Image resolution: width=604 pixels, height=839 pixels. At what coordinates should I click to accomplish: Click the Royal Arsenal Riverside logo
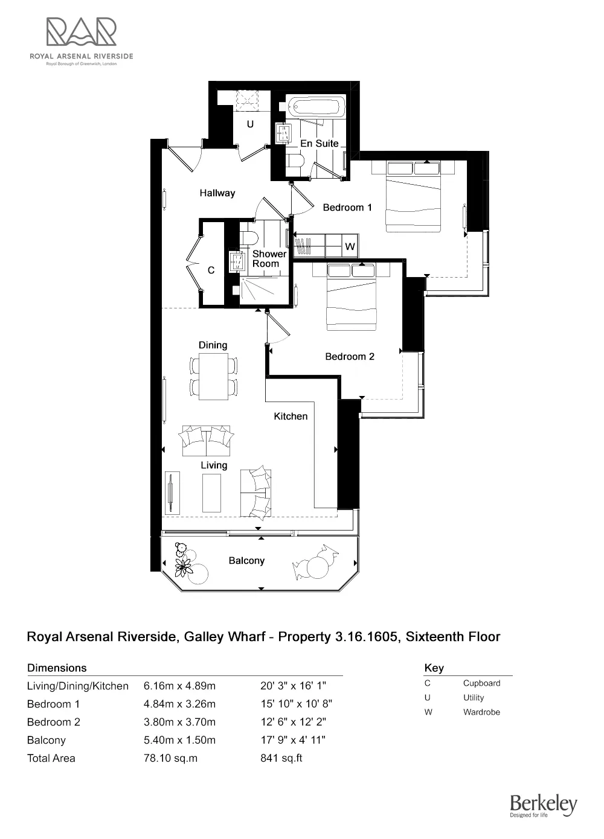click(82, 40)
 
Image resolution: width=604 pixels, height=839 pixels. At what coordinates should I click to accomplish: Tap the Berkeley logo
click(544, 805)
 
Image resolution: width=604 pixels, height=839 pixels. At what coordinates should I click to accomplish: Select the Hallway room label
click(217, 193)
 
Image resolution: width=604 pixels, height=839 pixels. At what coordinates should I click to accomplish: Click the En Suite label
click(320, 144)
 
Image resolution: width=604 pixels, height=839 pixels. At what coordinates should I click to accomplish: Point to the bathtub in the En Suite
click(315, 107)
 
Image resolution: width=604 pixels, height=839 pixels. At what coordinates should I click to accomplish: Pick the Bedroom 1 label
click(347, 208)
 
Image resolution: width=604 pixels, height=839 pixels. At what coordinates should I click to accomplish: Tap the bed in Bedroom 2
click(352, 297)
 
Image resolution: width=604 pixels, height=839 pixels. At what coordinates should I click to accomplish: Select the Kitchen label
click(291, 416)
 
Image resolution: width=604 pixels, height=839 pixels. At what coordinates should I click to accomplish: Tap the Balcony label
click(246, 561)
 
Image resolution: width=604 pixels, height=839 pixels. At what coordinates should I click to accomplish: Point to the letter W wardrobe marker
click(350, 247)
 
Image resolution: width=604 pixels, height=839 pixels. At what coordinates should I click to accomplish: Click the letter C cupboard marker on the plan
click(211, 270)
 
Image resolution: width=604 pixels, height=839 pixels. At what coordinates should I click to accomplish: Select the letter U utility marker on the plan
click(250, 124)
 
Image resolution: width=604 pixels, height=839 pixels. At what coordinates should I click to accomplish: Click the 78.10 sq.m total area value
click(170, 758)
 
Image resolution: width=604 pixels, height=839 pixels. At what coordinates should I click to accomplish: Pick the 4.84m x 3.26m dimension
click(179, 704)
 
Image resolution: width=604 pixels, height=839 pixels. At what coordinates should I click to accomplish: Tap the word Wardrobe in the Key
click(481, 712)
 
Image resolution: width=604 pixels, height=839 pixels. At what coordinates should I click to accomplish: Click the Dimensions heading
click(57, 668)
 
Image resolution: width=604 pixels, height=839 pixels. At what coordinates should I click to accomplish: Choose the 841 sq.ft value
click(281, 758)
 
